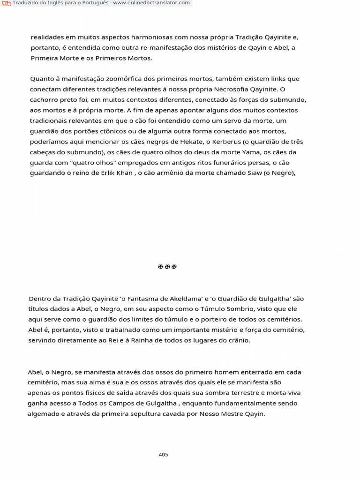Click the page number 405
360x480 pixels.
pyautogui.click(x=164, y=454)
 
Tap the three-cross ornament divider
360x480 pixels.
pyautogui.click(x=167, y=267)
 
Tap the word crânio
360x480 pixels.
pyautogui.click(x=239, y=340)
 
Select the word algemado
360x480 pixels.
pyautogui.click(x=43, y=414)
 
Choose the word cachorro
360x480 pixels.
pyautogui.click(x=45, y=99)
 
